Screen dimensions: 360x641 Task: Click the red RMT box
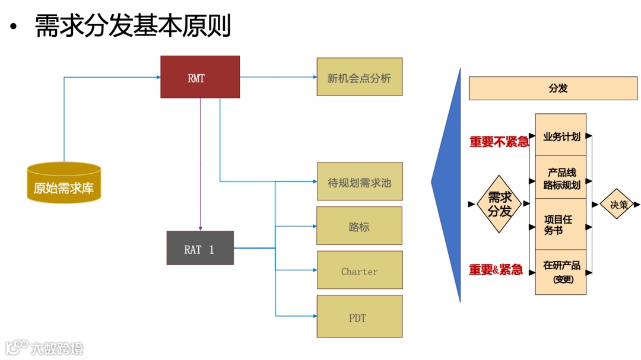coord(200,77)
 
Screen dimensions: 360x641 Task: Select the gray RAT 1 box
coord(200,248)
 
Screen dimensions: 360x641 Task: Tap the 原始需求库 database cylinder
coord(64,183)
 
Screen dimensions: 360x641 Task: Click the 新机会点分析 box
coord(359,77)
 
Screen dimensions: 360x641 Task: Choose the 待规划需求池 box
coord(360,181)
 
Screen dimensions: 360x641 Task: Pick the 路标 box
coord(359,226)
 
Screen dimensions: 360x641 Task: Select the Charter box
coord(360,270)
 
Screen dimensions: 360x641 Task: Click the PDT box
coord(360,317)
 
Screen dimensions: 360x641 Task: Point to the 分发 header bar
coord(553,88)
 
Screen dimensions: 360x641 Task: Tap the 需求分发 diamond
coord(499,204)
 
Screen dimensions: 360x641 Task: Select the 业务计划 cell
coord(561,136)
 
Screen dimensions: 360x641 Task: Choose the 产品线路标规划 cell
coord(561,178)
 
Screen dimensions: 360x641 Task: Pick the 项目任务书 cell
coord(561,224)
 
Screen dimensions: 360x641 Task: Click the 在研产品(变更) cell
coord(561,272)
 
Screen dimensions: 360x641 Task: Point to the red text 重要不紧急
coord(499,142)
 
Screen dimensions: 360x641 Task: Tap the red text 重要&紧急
coord(496,270)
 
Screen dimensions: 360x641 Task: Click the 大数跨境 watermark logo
coord(45,347)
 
